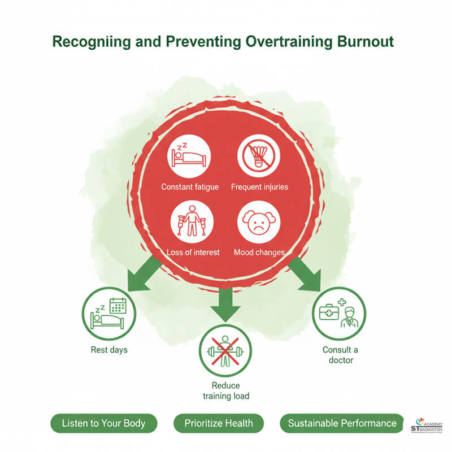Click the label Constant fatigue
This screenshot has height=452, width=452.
pyautogui.click(x=190, y=187)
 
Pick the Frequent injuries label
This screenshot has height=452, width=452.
pyautogui.click(x=259, y=187)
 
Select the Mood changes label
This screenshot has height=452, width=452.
pyautogui.click(x=259, y=253)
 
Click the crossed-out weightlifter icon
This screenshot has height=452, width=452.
pyautogui.click(x=225, y=351)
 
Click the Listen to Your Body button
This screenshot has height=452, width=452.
pyautogui.click(x=103, y=423)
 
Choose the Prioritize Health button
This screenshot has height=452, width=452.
pyautogui.click(x=218, y=423)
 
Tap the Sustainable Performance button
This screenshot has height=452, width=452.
pyautogui.click(x=342, y=423)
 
